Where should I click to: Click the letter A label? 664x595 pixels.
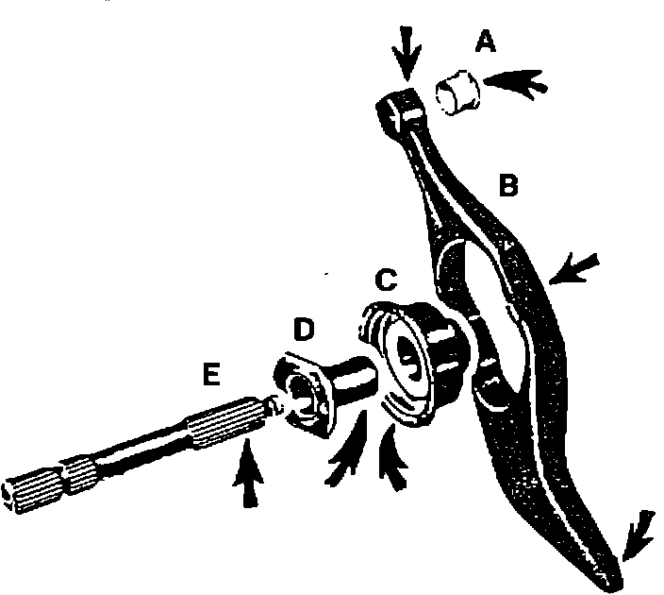click(x=487, y=42)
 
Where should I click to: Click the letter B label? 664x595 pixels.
click(x=508, y=186)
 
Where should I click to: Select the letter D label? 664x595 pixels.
click(x=305, y=331)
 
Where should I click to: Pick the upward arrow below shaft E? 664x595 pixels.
click(x=246, y=476)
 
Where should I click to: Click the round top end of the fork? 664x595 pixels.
click(x=395, y=114)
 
